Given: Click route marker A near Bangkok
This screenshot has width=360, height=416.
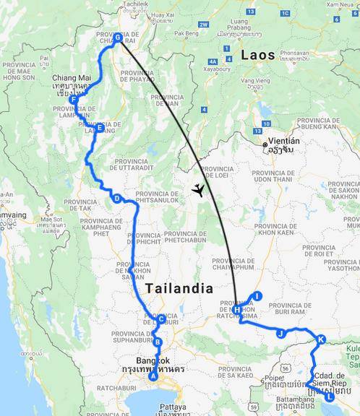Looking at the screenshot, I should tap(153, 376).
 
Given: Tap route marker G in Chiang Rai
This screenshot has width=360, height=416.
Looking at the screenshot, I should tap(118, 38).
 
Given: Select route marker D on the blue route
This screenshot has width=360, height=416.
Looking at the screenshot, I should tap(116, 199).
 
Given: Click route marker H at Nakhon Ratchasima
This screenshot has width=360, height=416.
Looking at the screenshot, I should tap(236, 310).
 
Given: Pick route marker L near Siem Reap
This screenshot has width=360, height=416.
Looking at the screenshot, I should tap(330, 396).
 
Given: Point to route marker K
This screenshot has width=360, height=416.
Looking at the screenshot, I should tap(321, 339).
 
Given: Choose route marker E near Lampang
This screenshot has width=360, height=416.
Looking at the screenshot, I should tap(99, 128).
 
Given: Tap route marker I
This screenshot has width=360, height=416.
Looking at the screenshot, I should tap(257, 295).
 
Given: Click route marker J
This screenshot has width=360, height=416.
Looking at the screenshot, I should tap(280, 333).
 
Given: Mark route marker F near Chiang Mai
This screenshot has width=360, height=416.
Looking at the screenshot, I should tap(74, 100).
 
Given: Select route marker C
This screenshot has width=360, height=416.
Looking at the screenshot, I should tap(161, 318).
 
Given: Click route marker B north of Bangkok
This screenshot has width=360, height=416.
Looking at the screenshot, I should tap(158, 342).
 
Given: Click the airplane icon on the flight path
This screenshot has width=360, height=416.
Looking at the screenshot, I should tap(197, 191).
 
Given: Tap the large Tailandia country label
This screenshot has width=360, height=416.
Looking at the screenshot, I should tap(179, 288).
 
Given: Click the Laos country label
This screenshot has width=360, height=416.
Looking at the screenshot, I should tap(258, 55).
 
